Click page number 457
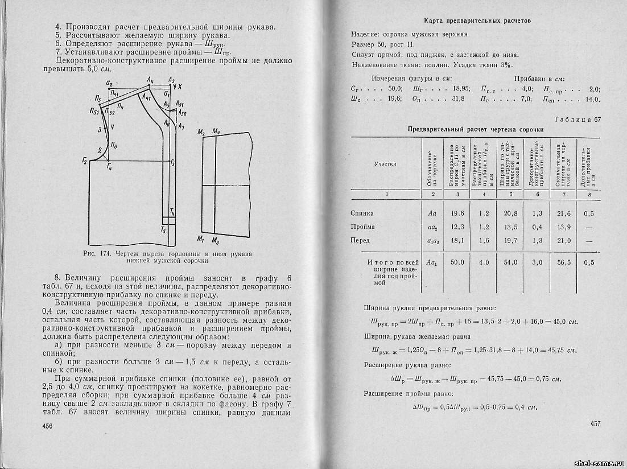click(x=595, y=423)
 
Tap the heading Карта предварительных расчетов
click(x=478, y=20)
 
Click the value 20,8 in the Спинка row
click(x=511, y=213)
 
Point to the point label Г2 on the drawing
click(x=85, y=162)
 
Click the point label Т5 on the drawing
click(x=163, y=231)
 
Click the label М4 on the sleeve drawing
click(x=217, y=132)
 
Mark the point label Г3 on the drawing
click(x=172, y=163)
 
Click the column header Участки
click(x=385, y=163)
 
